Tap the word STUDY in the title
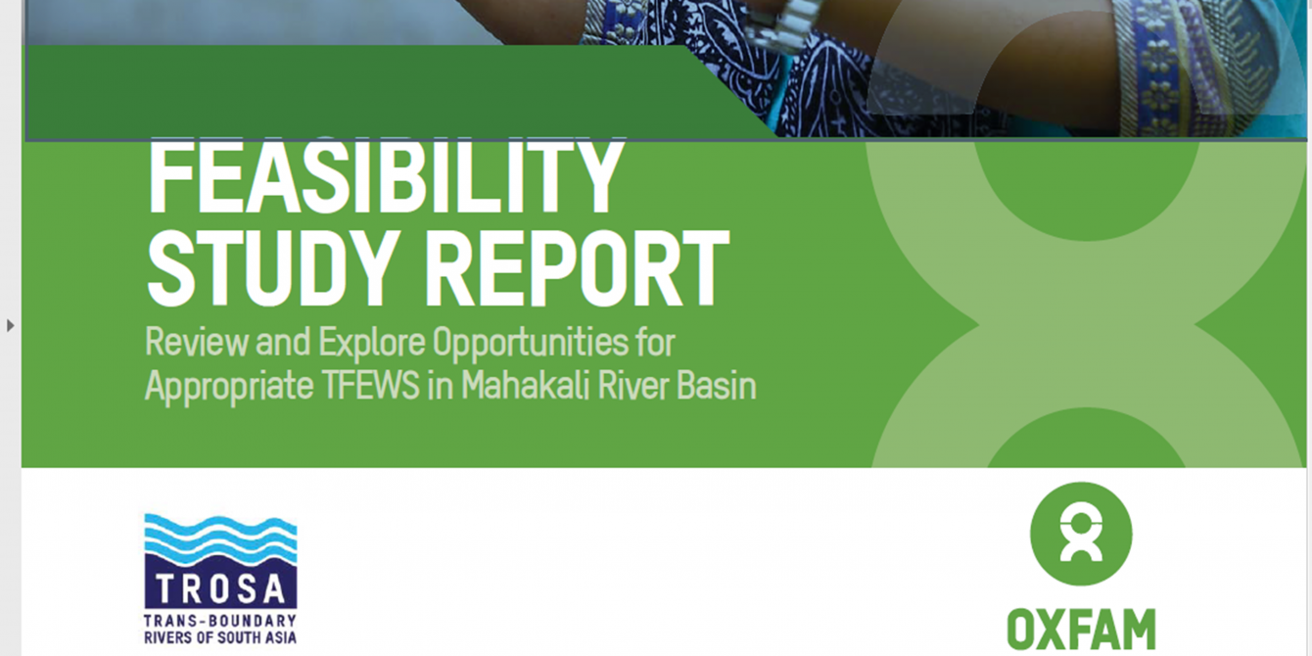click(x=268, y=269)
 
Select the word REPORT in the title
click(x=577, y=269)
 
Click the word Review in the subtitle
click(x=196, y=342)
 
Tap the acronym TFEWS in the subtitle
click(x=371, y=386)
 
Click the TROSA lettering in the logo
click(x=220, y=588)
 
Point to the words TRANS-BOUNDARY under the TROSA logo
click(x=220, y=621)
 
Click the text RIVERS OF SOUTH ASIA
click(x=220, y=637)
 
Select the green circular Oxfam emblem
click(x=1081, y=534)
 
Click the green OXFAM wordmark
click(x=1081, y=629)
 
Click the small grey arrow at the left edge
click(x=10, y=326)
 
